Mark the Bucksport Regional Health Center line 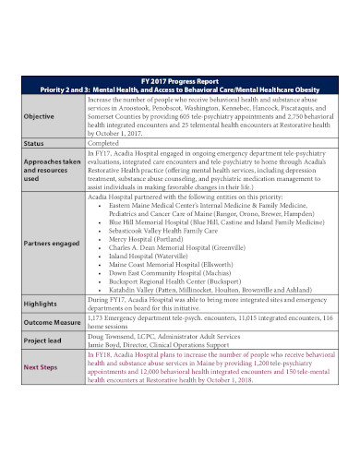point(186,286)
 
